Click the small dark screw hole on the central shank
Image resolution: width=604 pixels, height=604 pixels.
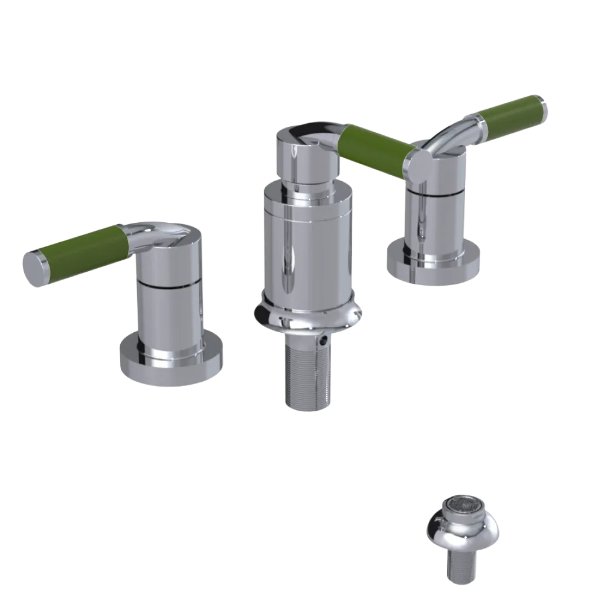tap(326, 341)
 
